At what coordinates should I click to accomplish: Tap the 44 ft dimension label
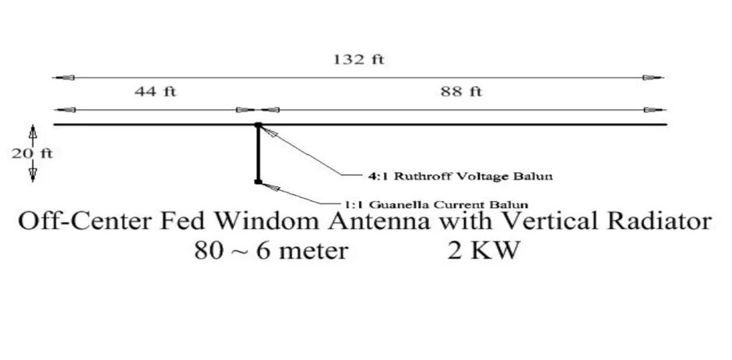pyautogui.click(x=156, y=92)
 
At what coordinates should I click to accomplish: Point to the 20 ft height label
pyautogui.click(x=32, y=154)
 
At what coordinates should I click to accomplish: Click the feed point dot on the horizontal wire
pyautogui.click(x=257, y=125)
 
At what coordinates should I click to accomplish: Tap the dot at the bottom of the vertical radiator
pyautogui.click(x=257, y=182)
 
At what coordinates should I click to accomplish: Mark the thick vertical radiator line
pyautogui.click(x=257, y=154)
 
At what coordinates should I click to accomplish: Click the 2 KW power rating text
pyautogui.click(x=483, y=252)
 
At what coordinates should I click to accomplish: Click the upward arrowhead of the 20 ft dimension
pyautogui.click(x=33, y=129)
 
